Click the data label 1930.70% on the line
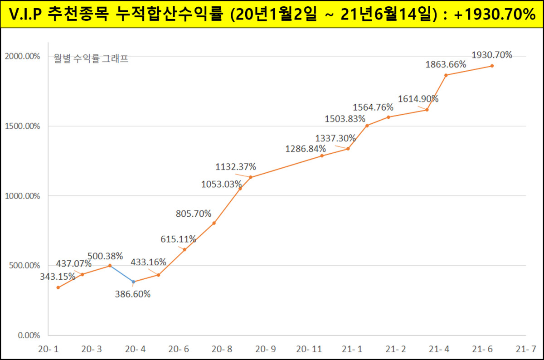[x=492, y=55]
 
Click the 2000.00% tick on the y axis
[x=22, y=56]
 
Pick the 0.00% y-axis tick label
[x=29, y=336]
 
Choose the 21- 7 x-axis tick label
[x=525, y=349]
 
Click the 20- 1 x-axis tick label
[x=48, y=349]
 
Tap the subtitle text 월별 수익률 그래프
[x=91, y=58]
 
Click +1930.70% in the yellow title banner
[x=495, y=15]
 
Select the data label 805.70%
[x=194, y=213]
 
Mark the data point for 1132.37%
[x=251, y=177]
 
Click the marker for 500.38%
[x=110, y=265]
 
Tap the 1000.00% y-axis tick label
[x=22, y=196]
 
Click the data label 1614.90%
[x=418, y=99]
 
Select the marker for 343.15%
[x=58, y=287]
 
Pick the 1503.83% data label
[x=345, y=119]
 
